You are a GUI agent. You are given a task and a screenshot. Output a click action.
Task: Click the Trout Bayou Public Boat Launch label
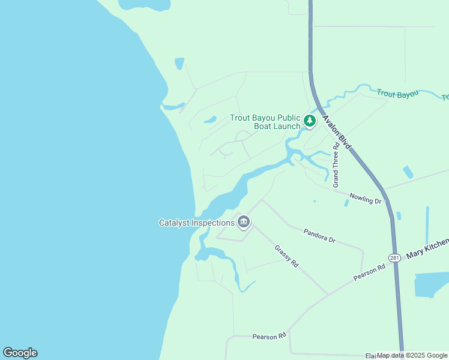click(265, 122)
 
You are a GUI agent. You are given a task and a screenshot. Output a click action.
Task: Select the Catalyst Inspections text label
click(196, 223)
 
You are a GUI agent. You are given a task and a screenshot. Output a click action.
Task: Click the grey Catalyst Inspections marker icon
click(244, 223)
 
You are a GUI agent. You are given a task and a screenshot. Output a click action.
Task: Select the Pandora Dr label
click(319, 235)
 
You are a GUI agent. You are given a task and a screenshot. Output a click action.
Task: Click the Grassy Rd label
click(286, 256)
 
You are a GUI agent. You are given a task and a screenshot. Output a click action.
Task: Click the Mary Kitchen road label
click(427, 248)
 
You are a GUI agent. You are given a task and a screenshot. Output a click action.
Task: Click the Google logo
click(20, 353)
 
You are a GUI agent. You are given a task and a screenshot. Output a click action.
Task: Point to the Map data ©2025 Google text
click(412, 355)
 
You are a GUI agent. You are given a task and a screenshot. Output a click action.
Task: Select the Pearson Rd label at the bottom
click(269, 337)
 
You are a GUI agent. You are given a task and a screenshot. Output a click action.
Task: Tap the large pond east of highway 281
click(432, 284)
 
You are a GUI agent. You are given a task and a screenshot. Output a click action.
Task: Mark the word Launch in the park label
click(286, 126)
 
